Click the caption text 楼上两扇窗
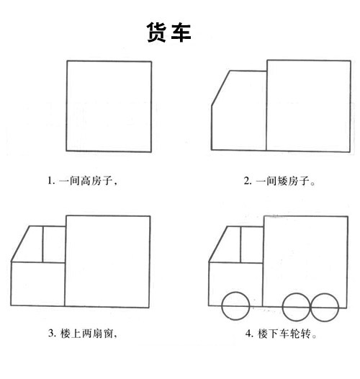click(87, 333)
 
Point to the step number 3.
click(51, 333)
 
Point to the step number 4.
click(248, 334)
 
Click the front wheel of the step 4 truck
click(235, 307)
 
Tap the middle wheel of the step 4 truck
click(296, 307)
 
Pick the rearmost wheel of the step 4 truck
click(324, 307)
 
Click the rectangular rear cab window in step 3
click(54, 244)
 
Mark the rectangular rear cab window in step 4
click(252, 244)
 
